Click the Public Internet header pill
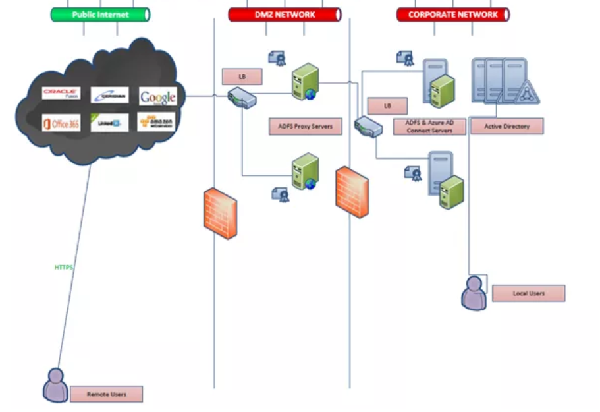click(100, 15)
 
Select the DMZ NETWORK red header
click(285, 15)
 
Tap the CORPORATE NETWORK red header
click(452, 15)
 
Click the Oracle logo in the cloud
click(61, 94)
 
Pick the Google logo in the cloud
click(157, 97)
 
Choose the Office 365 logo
click(61, 123)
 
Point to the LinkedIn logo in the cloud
click(109, 123)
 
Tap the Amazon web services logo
click(157, 122)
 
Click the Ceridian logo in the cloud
click(109, 96)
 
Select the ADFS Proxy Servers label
click(306, 127)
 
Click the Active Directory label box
click(507, 126)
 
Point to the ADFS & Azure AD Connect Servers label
click(429, 127)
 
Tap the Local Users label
click(528, 293)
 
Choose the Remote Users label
click(106, 395)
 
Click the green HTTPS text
click(63, 268)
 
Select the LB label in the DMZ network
click(242, 76)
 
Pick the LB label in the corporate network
click(387, 105)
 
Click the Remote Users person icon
click(55, 386)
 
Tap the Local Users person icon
click(474, 293)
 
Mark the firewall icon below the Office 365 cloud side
click(220, 212)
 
